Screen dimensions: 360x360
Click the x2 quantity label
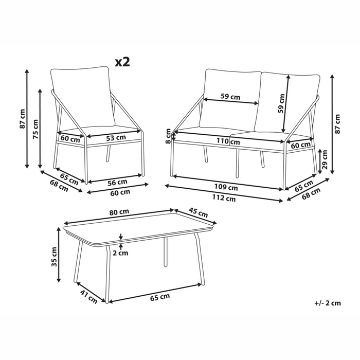(122, 62)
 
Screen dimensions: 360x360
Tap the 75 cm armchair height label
(35, 129)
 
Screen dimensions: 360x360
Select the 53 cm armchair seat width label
(116, 138)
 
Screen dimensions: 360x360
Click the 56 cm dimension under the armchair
(117, 182)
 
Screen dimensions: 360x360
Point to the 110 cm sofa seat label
(228, 141)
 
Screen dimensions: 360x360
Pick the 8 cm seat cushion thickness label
(168, 136)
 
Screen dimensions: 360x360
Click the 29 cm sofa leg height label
(325, 160)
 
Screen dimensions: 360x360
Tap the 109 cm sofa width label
(226, 187)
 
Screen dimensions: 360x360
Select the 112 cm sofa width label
(224, 198)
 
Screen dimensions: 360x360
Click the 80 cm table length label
(119, 212)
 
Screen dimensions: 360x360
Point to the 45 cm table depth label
(198, 212)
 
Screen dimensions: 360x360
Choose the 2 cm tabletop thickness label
(120, 253)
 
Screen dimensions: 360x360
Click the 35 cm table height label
(54, 257)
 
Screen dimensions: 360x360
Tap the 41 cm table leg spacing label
(88, 296)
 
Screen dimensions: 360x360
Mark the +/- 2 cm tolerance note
(328, 303)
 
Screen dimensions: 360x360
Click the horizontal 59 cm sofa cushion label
(230, 97)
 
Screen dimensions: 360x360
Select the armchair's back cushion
(83, 97)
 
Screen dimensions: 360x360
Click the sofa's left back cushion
(230, 99)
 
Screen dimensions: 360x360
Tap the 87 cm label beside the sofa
(337, 124)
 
